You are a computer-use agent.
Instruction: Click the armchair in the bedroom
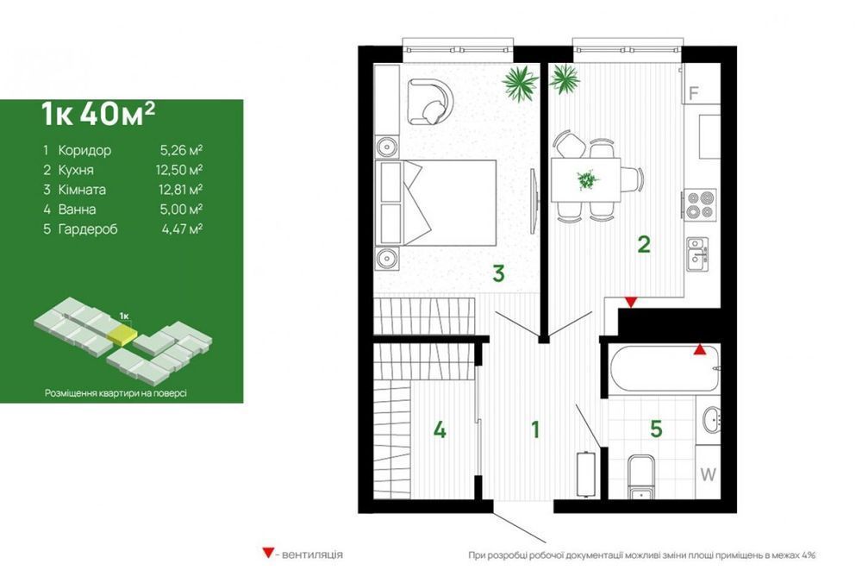point(430,102)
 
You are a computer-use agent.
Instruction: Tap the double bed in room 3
point(435,203)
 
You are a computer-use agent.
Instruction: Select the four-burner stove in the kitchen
point(700,204)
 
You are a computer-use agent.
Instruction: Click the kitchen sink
point(697,254)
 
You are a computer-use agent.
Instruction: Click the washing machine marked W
point(708,473)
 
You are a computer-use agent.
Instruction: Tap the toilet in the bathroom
point(640,477)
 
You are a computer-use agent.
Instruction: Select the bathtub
point(664,368)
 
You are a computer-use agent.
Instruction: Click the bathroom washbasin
point(712,421)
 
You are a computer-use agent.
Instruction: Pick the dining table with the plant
point(586,180)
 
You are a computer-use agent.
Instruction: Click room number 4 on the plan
point(440,429)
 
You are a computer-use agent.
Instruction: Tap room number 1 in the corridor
point(535,429)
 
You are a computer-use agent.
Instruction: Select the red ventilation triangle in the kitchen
point(631,302)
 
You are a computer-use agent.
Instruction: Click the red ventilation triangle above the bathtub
point(699,349)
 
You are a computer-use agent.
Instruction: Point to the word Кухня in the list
point(76,170)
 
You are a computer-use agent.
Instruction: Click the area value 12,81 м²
point(179,189)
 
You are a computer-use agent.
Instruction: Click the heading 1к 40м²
point(98,114)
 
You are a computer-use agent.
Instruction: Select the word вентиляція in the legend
point(312,554)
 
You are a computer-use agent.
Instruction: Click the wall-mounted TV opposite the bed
point(534,202)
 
